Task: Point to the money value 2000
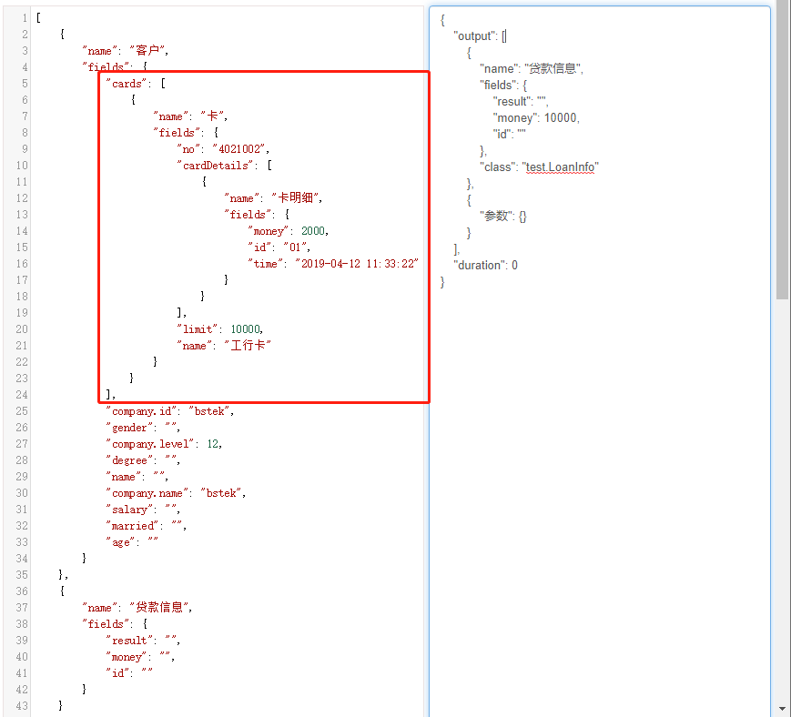click(315, 231)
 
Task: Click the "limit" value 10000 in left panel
click(246, 329)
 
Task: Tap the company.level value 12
click(213, 444)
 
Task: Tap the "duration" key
click(478, 266)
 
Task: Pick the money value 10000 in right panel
click(561, 118)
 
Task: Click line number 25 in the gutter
click(21, 411)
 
